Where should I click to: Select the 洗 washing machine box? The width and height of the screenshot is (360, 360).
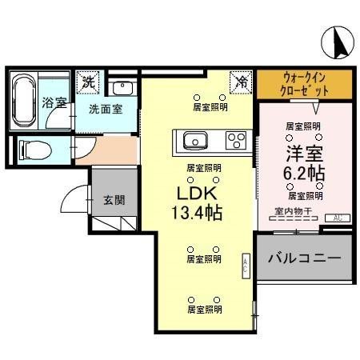pyautogui.click(x=87, y=82)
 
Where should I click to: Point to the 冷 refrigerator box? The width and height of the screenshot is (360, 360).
pyautogui.click(x=241, y=82)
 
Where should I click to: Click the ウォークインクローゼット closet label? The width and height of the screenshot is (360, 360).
pyautogui.click(x=305, y=83)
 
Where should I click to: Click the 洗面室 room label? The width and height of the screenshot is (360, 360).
pyautogui.click(x=106, y=109)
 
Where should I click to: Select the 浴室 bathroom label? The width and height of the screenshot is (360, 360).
pyautogui.click(x=53, y=102)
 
